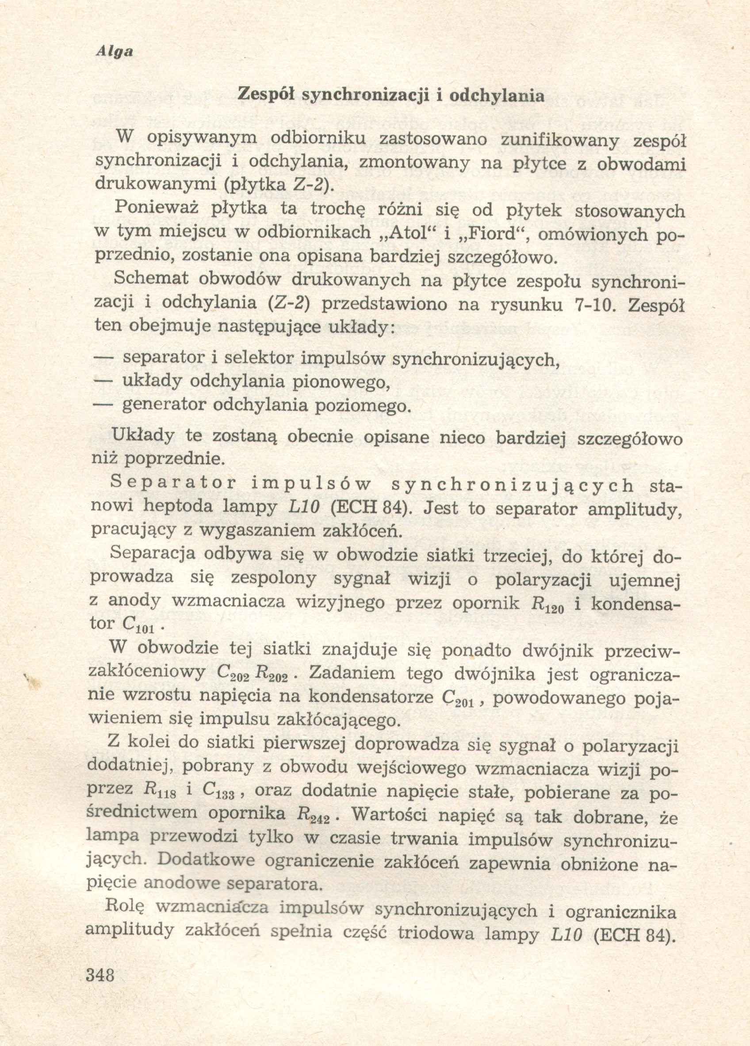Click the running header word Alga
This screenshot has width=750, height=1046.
[x=114, y=52]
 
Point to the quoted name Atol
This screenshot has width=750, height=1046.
[x=399, y=234]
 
